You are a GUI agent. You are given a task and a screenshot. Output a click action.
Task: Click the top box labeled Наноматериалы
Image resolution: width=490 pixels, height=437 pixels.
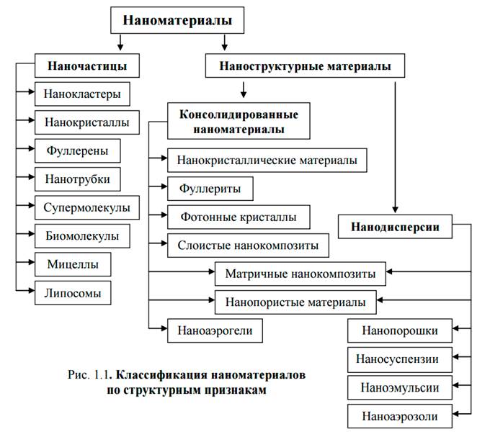[x=177, y=20]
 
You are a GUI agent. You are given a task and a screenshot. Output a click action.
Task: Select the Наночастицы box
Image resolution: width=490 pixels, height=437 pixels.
[x=87, y=66]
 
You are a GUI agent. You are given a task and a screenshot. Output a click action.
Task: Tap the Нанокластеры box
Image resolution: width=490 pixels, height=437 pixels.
[x=82, y=94]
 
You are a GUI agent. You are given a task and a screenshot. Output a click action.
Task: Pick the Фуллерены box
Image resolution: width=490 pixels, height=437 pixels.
[x=77, y=151]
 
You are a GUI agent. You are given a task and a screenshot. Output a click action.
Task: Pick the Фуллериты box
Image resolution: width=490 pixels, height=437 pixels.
[x=210, y=189]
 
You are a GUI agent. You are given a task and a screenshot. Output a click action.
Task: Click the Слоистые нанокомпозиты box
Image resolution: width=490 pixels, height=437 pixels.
[x=247, y=245]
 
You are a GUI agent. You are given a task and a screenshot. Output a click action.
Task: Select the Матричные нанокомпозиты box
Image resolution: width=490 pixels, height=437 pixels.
[x=300, y=274]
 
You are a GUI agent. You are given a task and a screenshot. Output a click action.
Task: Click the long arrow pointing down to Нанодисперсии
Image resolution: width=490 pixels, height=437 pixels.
[x=396, y=144]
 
